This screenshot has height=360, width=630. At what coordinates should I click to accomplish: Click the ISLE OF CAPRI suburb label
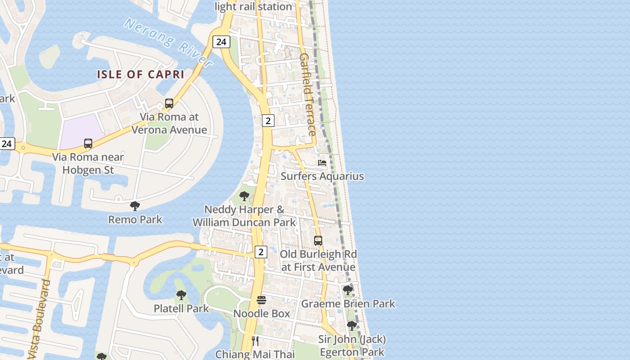click(x=141, y=74)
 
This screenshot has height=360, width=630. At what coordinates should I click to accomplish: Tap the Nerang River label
click(x=168, y=43)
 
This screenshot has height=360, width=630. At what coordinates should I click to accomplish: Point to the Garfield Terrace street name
click(x=307, y=94)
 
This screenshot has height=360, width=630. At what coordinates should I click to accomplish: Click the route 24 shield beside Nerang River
click(x=221, y=42)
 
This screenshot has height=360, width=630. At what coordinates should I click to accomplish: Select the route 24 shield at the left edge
click(x=7, y=144)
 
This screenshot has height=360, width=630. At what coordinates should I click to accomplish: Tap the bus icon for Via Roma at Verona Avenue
click(x=169, y=103)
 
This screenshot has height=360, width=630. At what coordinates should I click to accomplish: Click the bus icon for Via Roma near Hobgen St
click(x=88, y=144)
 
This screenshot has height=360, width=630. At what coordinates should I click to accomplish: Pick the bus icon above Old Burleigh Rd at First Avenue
click(x=318, y=241)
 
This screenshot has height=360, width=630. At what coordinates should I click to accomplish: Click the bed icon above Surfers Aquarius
click(x=322, y=162)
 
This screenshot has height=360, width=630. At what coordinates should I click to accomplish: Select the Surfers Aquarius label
click(x=322, y=176)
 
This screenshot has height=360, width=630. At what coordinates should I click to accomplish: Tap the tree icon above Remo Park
click(x=135, y=206)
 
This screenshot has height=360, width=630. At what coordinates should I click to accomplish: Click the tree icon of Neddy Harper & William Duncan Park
click(x=244, y=196)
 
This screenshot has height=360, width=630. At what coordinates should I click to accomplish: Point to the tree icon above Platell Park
click(x=181, y=295)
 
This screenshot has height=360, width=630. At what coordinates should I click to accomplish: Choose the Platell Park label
click(x=181, y=308)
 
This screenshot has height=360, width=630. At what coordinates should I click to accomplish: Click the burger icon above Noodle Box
click(x=261, y=300)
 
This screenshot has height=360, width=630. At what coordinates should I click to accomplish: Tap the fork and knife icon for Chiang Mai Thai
click(x=255, y=341)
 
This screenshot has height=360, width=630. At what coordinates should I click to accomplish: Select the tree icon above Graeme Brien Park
click(x=347, y=290)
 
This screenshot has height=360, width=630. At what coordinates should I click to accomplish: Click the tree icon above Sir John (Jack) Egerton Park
click(x=351, y=325)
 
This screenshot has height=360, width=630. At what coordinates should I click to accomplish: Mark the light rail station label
click(x=253, y=6)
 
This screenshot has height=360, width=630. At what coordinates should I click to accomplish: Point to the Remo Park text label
click(x=135, y=220)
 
